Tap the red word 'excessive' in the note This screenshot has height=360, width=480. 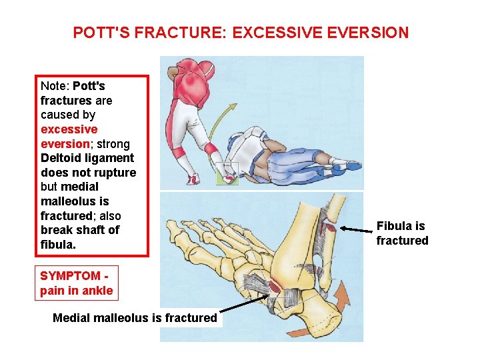click(x=69, y=129)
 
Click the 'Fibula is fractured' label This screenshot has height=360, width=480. click(x=402, y=233)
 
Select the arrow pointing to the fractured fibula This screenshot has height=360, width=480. click(x=356, y=231)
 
